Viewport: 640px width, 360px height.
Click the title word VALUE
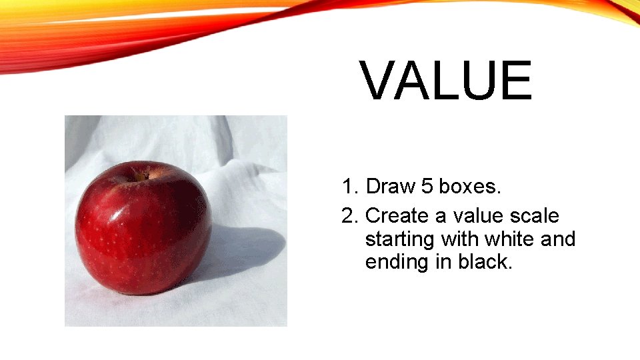[447, 81]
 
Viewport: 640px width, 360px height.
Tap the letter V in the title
[381, 81]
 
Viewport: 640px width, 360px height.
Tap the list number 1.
[348, 187]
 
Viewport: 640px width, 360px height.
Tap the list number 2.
[348, 216]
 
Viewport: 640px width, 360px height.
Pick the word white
[509, 239]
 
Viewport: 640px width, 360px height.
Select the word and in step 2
[558, 239]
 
